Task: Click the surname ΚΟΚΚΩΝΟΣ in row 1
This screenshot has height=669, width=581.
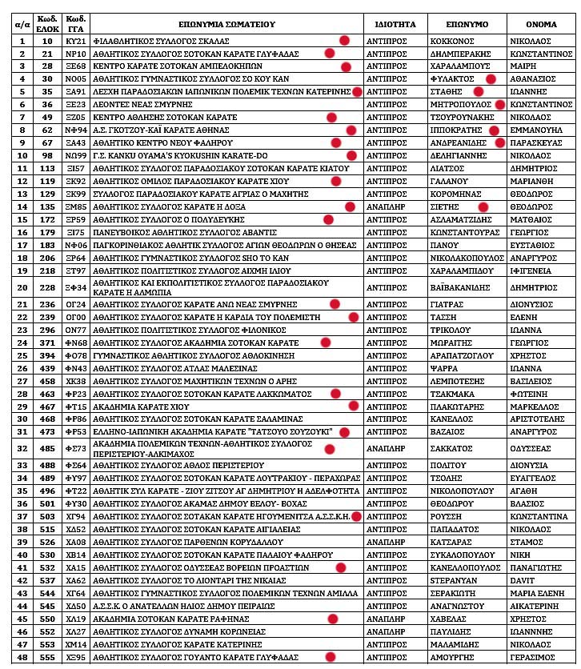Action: point(452,40)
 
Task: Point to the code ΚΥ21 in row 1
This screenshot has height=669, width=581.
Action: point(75,40)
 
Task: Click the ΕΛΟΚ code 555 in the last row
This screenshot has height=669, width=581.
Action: point(47,657)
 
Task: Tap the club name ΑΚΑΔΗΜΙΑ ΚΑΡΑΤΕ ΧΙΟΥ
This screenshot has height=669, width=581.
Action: point(137,407)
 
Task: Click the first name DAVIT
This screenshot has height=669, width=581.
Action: point(523,580)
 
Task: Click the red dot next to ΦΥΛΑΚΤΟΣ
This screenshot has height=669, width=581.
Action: point(491,79)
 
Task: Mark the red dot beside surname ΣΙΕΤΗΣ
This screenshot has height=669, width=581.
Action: point(483,207)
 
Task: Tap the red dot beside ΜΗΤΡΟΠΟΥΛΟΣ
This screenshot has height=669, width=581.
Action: point(499,105)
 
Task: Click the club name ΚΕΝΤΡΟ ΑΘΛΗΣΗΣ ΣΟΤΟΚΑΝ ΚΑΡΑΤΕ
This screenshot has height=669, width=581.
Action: point(165,118)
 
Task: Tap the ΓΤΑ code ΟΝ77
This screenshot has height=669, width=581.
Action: point(75,330)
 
